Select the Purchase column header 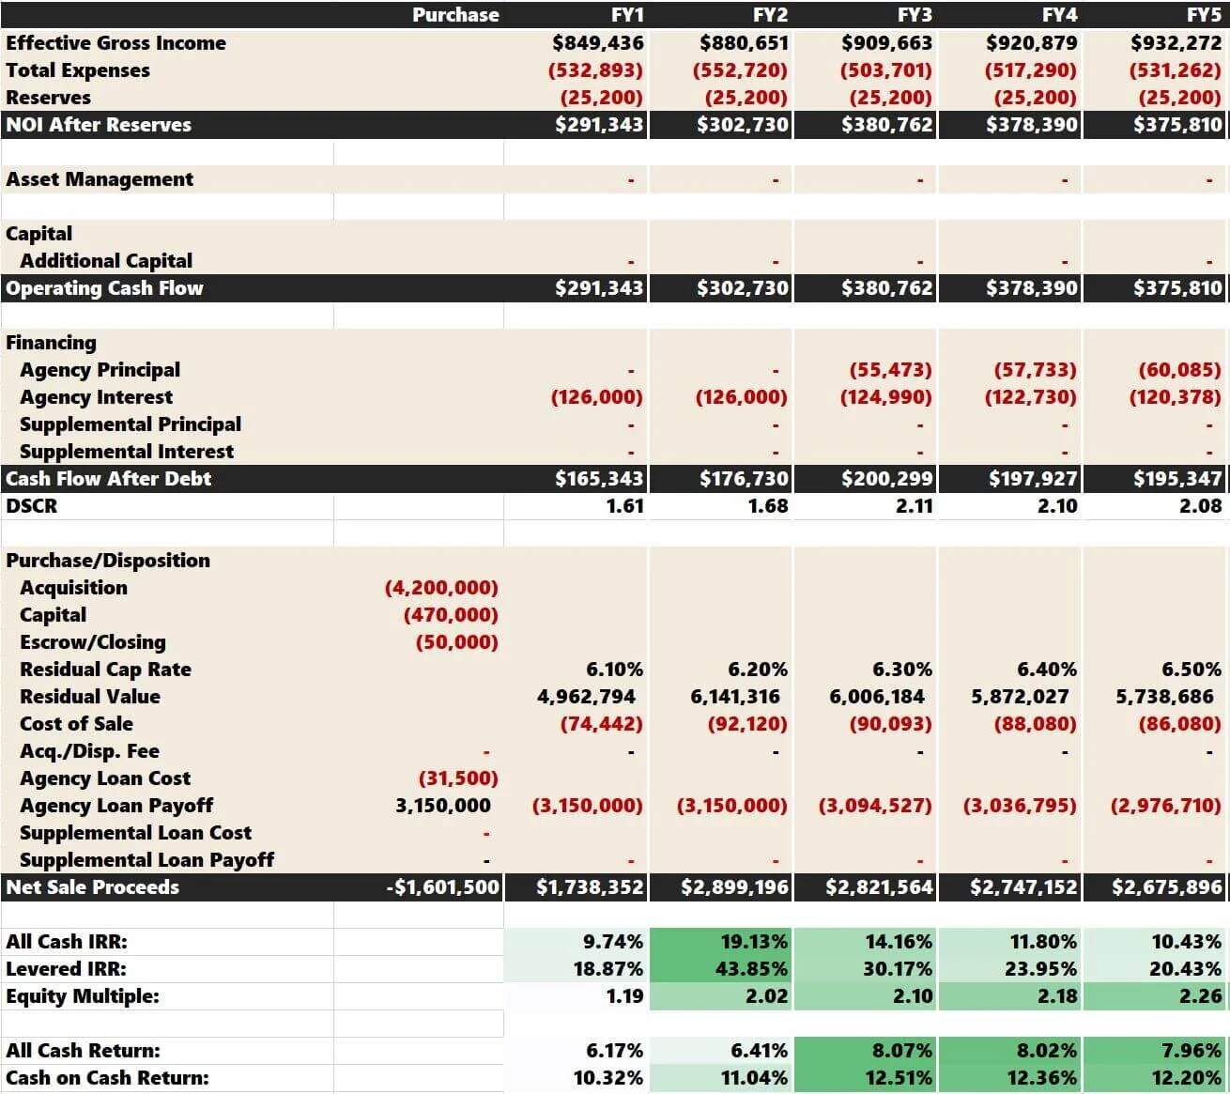(x=455, y=15)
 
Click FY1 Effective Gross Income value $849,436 (x=598, y=43)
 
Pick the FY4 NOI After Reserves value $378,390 (x=1032, y=125)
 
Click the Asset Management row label (x=100, y=179)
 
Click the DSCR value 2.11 (x=914, y=506)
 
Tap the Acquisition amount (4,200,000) (x=441, y=588)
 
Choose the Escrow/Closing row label (x=93, y=642)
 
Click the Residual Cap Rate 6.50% (x=1192, y=670)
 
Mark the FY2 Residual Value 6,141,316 (x=735, y=697)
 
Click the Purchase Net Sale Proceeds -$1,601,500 (x=442, y=887)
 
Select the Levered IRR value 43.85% (x=751, y=969)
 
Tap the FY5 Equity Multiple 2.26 (x=1200, y=996)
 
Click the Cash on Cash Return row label (x=107, y=1078)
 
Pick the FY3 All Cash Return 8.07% (x=899, y=1051)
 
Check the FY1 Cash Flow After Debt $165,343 (x=598, y=479)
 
